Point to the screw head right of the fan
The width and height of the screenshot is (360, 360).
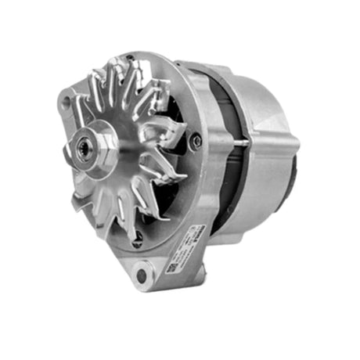(195, 141)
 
